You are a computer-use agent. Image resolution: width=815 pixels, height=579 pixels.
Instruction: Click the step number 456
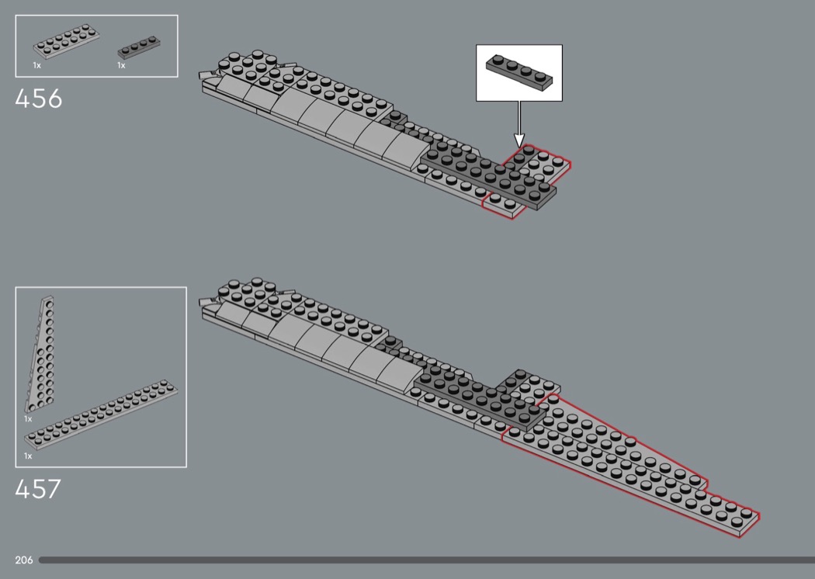[x=39, y=99]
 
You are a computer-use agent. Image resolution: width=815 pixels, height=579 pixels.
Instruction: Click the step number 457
[x=38, y=488]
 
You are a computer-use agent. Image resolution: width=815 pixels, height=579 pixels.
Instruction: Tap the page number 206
[x=24, y=560]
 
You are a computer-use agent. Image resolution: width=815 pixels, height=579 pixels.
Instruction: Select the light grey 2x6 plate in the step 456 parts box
[x=67, y=40]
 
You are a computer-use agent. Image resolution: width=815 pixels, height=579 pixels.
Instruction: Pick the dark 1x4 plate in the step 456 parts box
[x=139, y=47]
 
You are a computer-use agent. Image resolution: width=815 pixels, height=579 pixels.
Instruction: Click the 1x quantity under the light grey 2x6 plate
[x=37, y=65]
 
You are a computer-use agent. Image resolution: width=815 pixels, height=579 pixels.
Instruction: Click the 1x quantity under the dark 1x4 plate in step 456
[x=121, y=65]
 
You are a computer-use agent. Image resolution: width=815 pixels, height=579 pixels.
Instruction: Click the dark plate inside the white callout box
[x=519, y=71]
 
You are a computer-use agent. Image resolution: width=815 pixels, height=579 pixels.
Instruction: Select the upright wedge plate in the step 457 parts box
[x=40, y=353]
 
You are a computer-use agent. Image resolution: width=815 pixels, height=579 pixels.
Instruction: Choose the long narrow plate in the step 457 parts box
[x=102, y=414]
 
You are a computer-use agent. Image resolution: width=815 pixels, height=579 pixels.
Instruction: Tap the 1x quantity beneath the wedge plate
[x=28, y=419]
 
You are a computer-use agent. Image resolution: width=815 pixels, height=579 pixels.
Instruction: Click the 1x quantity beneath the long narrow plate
[x=28, y=456]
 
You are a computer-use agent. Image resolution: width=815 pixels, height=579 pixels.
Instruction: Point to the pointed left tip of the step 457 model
[x=199, y=301]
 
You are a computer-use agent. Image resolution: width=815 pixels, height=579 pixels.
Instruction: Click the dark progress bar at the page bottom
[x=426, y=560]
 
